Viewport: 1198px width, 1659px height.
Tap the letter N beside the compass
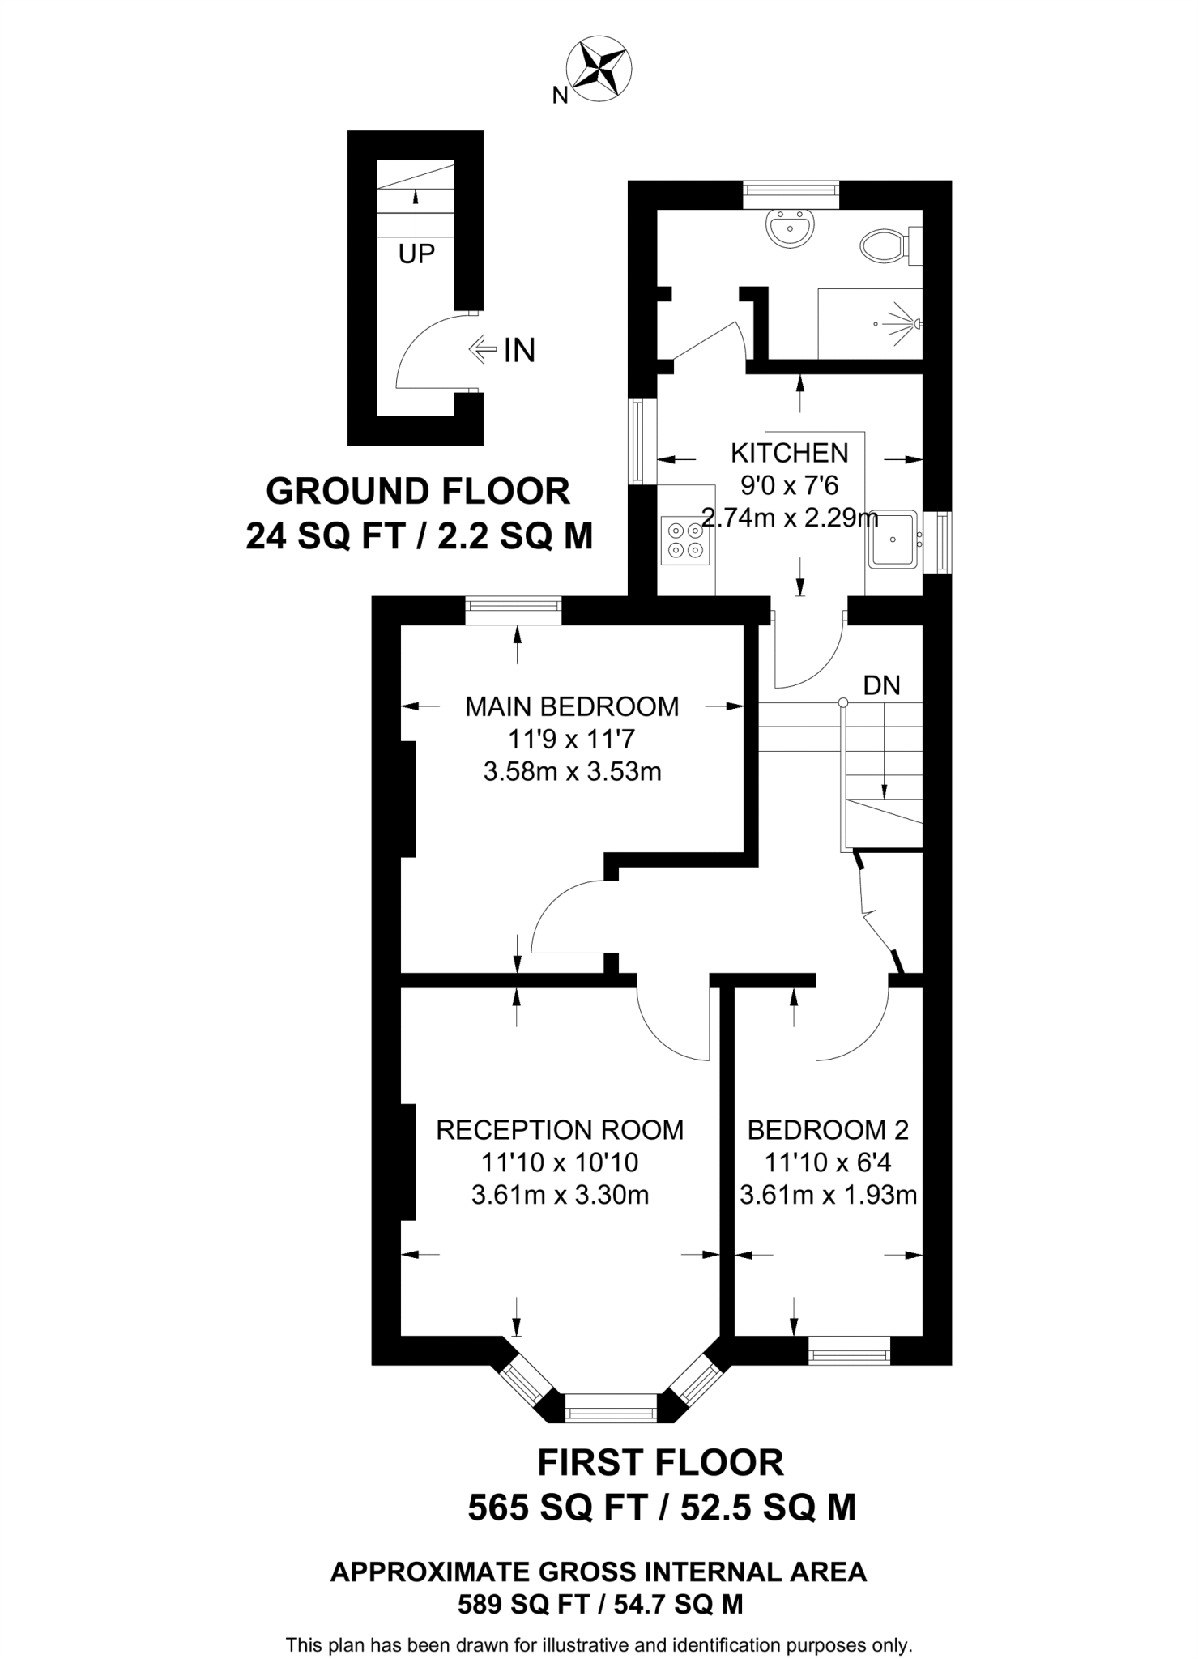[x=560, y=96]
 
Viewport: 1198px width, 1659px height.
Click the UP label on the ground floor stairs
[x=416, y=254]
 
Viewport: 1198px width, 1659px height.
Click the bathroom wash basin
[x=789, y=228]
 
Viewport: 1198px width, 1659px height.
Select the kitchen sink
[x=894, y=539]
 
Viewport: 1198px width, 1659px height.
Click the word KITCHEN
[x=789, y=452]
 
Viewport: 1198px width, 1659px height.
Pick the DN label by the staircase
[x=881, y=685]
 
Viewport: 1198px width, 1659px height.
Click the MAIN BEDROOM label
[x=572, y=706]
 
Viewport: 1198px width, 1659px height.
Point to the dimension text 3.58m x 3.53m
[x=572, y=771]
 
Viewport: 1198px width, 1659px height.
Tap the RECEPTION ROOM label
[x=560, y=1129]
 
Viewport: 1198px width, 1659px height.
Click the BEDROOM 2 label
[x=828, y=1129]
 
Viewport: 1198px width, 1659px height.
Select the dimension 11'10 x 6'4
[x=828, y=1162]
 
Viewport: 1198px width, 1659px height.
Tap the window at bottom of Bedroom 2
[x=849, y=1350]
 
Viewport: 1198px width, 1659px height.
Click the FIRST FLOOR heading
[x=661, y=1463]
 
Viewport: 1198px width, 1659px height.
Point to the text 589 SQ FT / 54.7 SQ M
[x=600, y=1604]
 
